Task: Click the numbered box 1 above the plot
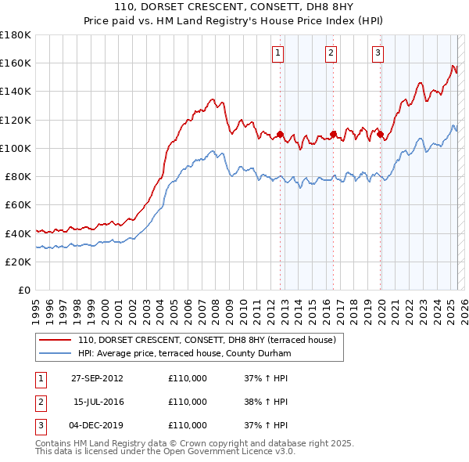click(278, 53)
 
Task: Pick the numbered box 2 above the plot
click(331, 53)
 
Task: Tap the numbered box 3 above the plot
click(378, 53)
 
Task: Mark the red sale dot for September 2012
click(280, 134)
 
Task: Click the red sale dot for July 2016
click(333, 134)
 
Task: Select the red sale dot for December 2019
click(381, 134)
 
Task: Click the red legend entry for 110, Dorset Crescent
click(206, 340)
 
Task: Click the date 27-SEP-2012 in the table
click(97, 378)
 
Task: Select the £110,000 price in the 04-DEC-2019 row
click(188, 425)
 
